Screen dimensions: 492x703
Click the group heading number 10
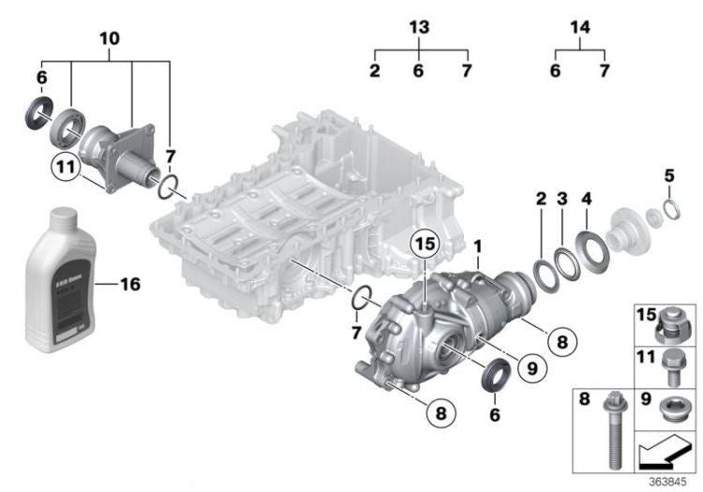[109, 38]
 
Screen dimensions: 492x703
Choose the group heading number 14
[580, 27]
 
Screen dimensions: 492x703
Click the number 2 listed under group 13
[374, 70]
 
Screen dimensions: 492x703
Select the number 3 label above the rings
[561, 201]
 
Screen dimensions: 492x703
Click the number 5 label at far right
[667, 174]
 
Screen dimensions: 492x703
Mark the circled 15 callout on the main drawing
[423, 246]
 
